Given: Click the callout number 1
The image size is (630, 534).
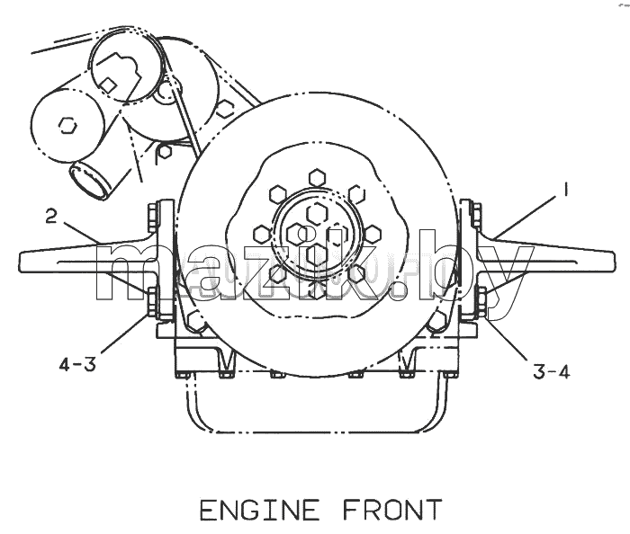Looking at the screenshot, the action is click(566, 190).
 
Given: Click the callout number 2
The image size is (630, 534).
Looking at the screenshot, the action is click(51, 217).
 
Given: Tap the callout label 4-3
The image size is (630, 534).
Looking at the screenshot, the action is click(77, 365).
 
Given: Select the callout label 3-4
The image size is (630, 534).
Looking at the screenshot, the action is click(551, 372).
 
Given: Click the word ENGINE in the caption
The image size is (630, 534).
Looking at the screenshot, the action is click(259, 510).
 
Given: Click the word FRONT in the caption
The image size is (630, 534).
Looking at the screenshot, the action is click(392, 510).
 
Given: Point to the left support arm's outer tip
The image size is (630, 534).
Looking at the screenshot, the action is click(20, 262).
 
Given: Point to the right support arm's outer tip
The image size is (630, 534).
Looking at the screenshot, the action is click(613, 261).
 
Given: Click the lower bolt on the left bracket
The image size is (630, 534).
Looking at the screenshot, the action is click(153, 302).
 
